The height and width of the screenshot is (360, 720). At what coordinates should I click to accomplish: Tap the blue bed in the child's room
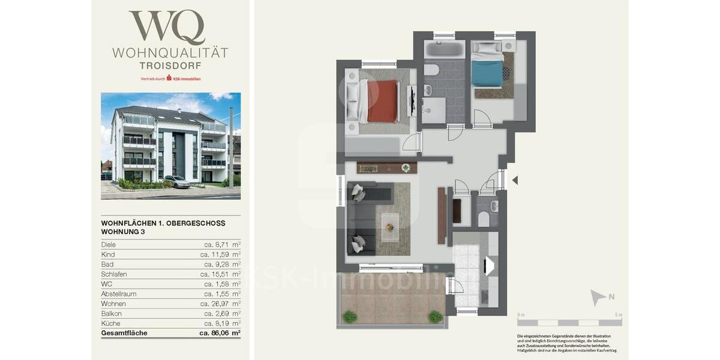(x=487, y=73)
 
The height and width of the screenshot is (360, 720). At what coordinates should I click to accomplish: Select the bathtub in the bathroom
(x=445, y=49)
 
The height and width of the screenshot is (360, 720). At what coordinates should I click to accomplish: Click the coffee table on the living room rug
(x=390, y=227)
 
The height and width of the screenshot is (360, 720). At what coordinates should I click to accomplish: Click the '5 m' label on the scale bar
(x=619, y=315)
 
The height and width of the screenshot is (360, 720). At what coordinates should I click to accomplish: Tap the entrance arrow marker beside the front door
(x=514, y=180)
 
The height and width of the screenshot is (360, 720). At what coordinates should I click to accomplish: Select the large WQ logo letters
(x=167, y=28)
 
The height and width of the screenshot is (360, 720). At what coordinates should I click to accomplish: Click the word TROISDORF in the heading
(x=170, y=65)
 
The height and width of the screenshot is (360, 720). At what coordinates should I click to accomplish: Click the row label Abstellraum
(x=120, y=294)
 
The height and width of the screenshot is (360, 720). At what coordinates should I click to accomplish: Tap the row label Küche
(x=111, y=323)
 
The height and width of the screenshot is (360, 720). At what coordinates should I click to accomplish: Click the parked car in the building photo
(x=177, y=182)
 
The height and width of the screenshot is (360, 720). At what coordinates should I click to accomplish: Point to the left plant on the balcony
(x=349, y=316)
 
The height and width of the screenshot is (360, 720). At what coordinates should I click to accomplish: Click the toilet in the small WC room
(x=483, y=219)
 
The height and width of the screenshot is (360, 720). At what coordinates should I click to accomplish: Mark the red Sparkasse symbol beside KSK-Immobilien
(x=169, y=79)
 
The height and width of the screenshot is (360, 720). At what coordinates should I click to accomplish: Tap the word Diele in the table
(x=109, y=245)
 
